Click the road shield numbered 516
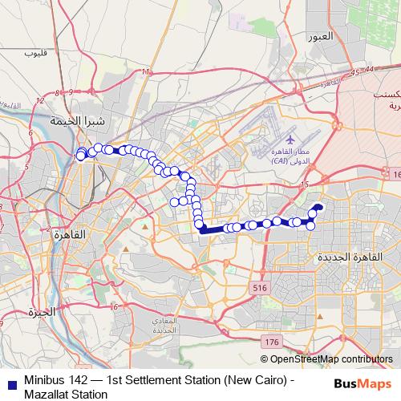pyautogui.click(x=258, y=287)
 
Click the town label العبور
pyautogui.click(x=318, y=37)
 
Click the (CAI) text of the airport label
pyautogui.click(x=281, y=161)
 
